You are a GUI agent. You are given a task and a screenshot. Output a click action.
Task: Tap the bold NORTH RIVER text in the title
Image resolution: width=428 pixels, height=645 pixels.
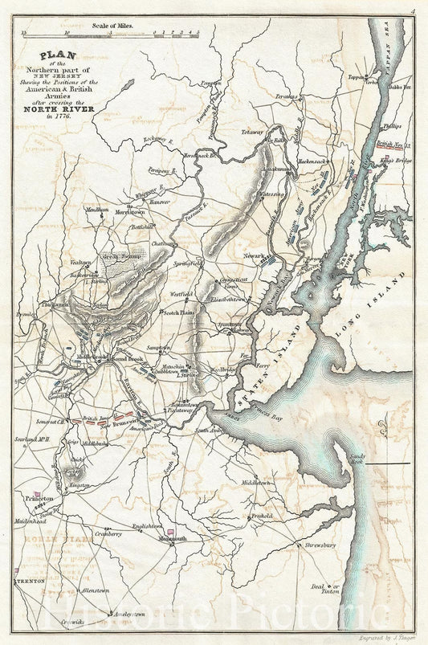click(x=67, y=110)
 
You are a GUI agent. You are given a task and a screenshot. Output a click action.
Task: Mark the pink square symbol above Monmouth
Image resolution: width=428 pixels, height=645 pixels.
click(x=172, y=530)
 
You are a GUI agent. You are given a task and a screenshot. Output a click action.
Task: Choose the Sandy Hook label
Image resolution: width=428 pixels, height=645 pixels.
click(x=357, y=459)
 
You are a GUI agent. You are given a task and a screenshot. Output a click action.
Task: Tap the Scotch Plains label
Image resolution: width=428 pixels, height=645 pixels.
click(x=181, y=312)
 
